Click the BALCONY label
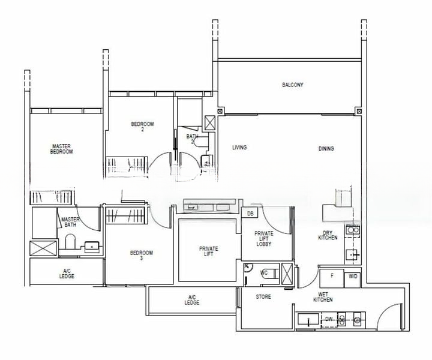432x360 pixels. click(293, 85)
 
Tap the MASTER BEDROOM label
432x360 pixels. click(62, 149)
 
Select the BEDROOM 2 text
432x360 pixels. click(143, 127)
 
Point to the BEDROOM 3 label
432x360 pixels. click(141, 256)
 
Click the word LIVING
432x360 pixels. click(239, 147)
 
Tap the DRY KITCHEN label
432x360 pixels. click(328, 236)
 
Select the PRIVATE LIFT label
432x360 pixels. click(209, 251)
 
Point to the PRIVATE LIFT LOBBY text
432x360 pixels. click(265, 239)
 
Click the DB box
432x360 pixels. click(250, 214)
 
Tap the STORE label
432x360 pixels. click(263, 297)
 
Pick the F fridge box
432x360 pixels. click(331, 276)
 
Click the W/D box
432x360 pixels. click(352, 276)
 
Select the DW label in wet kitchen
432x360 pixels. click(328, 320)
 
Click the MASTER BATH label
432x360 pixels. click(71, 223)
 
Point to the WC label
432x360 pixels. click(263, 273)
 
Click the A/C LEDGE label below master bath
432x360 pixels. click(67, 274)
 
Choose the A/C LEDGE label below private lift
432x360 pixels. click(193, 301)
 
